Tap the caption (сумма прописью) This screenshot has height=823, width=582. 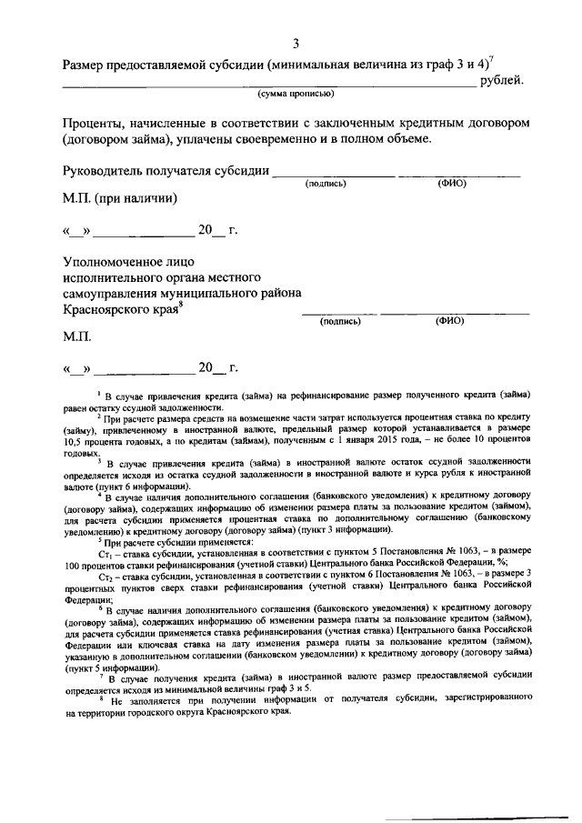(x=296, y=93)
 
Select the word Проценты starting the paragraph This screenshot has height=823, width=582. (x=94, y=122)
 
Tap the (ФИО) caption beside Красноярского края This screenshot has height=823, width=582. (x=450, y=320)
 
